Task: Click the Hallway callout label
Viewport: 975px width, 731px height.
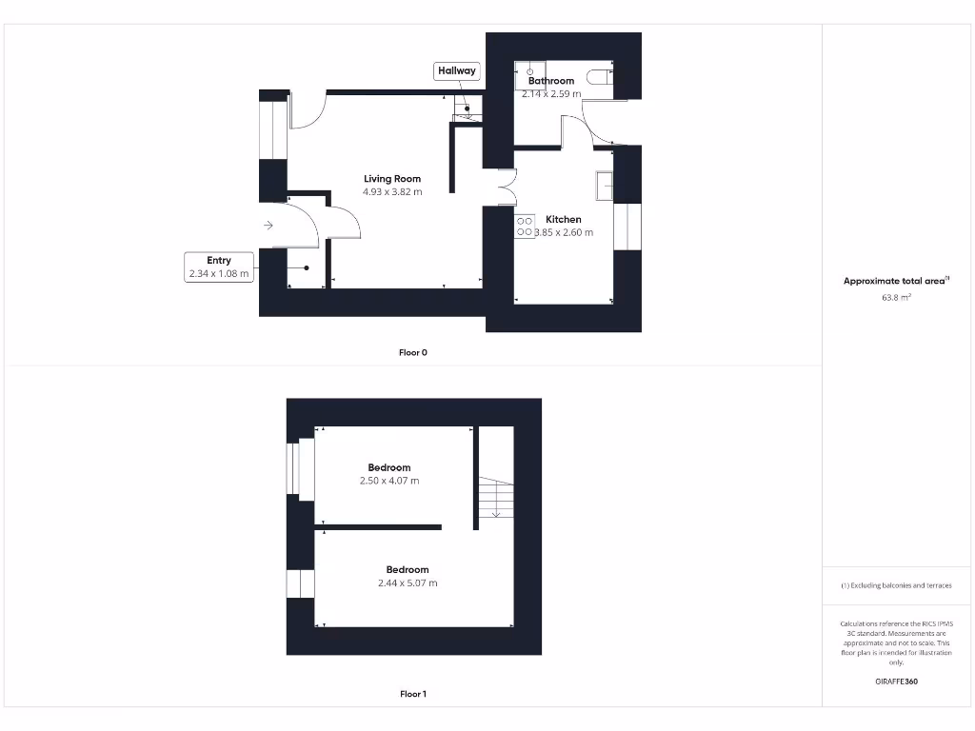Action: [457, 70]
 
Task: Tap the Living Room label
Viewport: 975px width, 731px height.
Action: [392, 179]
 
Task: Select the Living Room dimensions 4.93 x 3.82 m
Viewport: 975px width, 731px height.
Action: [392, 192]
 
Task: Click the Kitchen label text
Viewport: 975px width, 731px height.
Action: [564, 219]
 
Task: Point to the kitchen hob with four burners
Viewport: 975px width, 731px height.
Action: [525, 226]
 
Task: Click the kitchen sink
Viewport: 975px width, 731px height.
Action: [605, 186]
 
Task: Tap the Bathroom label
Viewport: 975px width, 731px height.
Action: [551, 81]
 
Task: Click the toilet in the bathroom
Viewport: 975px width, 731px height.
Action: [601, 77]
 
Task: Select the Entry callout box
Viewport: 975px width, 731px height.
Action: [219, 267]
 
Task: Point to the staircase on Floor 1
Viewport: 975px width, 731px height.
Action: [495, 498]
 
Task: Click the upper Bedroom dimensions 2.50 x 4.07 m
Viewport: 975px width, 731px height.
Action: [389, 481]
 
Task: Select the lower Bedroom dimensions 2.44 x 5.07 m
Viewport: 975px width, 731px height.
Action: [408, 583]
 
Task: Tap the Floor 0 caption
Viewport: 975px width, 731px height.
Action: [413, 352]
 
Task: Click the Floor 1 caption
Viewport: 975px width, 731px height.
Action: [413, 694]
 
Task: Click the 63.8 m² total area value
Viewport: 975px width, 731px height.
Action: [897, 298]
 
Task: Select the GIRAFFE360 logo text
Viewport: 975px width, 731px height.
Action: [897, 682]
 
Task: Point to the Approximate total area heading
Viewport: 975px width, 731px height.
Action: [895, 281]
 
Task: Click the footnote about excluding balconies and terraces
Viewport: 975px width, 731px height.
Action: [896, 585]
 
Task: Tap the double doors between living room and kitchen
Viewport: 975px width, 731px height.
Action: [506, 187]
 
